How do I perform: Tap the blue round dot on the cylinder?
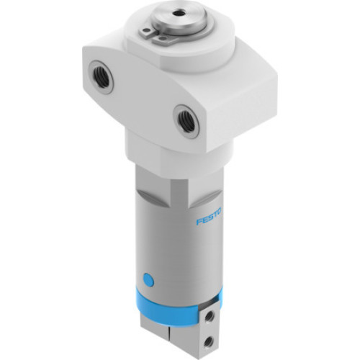coord(149,277)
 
